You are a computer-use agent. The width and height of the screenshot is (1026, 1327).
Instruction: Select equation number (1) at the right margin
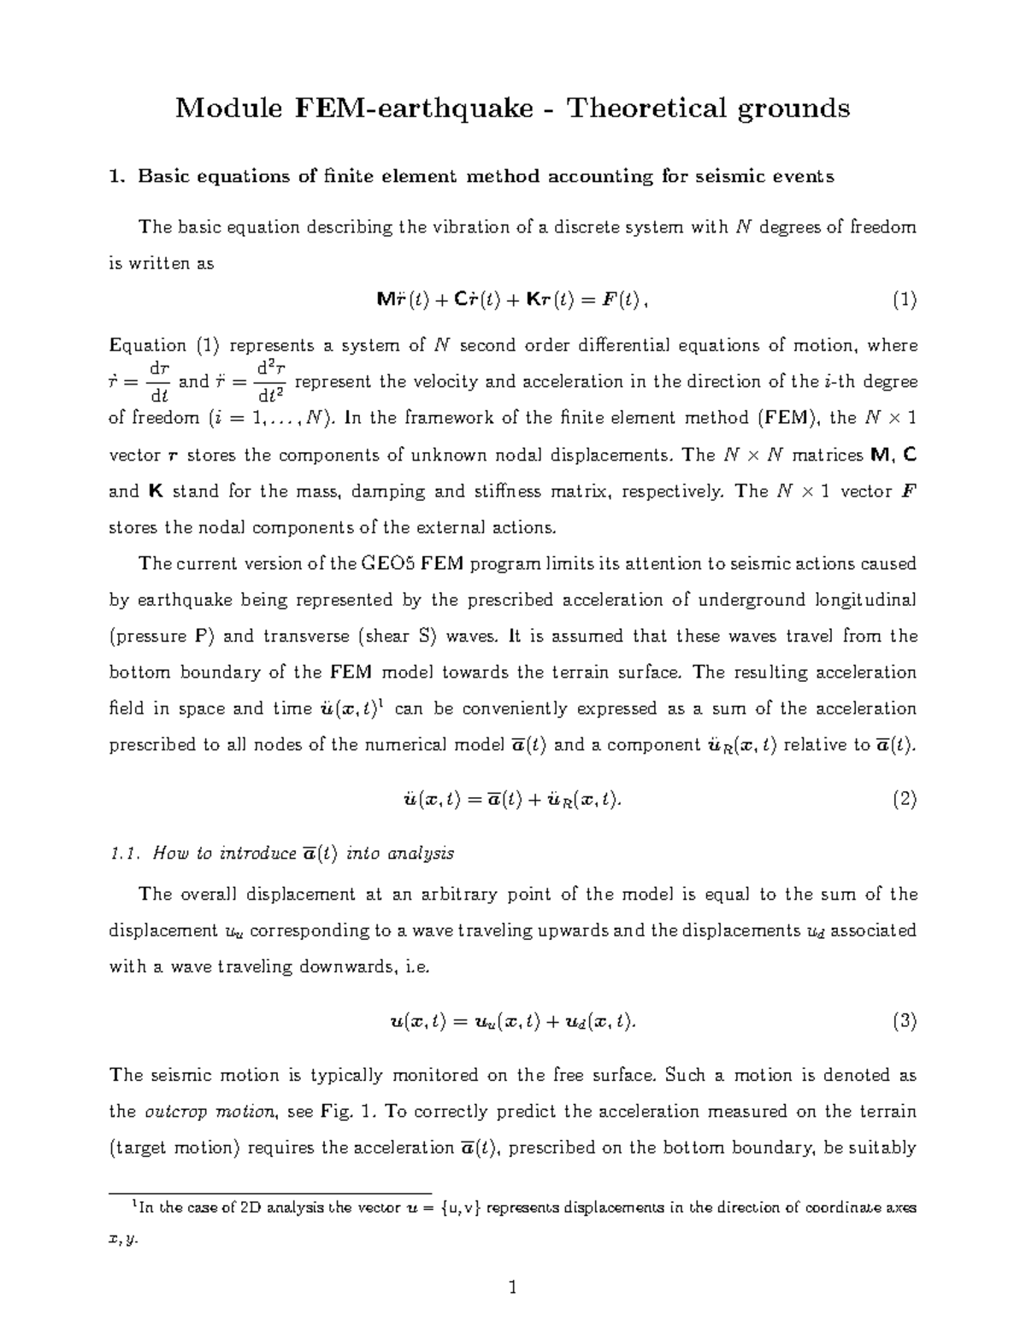pos(904,300)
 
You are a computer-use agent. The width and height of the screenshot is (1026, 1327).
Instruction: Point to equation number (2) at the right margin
pos(904,800)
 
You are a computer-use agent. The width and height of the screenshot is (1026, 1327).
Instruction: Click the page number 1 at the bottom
pos(513,1287)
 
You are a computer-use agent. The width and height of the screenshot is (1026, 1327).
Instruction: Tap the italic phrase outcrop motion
pos(209,1112)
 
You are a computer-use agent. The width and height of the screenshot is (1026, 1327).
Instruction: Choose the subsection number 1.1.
pos(125,854)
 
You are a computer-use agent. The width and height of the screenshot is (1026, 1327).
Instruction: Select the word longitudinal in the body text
pos(863,600)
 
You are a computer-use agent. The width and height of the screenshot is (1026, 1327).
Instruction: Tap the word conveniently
pos(557,709)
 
